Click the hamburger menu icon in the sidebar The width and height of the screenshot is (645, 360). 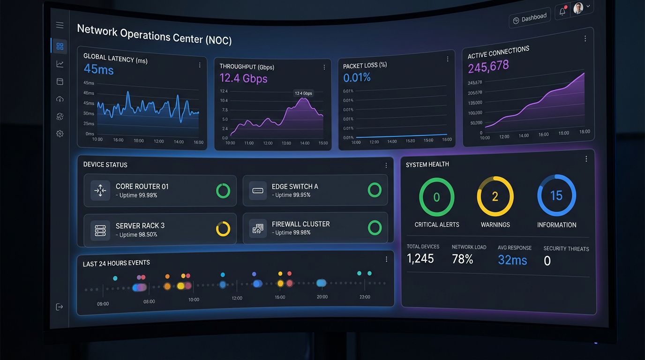(x=60, y=25)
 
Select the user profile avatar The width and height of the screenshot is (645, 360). (x=578, y=8)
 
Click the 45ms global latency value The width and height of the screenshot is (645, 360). (x=98, y=70)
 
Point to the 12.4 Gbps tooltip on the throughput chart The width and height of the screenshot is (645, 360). (x=303, y=93)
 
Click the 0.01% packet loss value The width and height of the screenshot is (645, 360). (x=357, y=77)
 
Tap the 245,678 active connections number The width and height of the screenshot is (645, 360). (x=488, y=67)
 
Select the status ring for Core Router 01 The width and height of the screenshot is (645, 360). (x=223, y=191)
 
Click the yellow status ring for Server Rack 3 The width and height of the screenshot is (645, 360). (x=223, y=229)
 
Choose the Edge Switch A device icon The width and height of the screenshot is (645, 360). (x=258, y=190)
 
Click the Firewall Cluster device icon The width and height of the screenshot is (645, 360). (x=258, y=228)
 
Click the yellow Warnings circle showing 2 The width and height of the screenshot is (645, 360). (x=495, y=196)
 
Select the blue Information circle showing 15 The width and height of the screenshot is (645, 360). (x=556, y=195)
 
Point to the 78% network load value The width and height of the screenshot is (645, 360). (x=462, y=259)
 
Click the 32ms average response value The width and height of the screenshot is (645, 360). (x=512, y=260)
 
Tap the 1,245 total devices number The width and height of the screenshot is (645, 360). (x=420, y=258)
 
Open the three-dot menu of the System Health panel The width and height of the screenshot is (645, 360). (x=586, y=159)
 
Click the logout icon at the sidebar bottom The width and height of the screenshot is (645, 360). (x=60, y=307)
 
